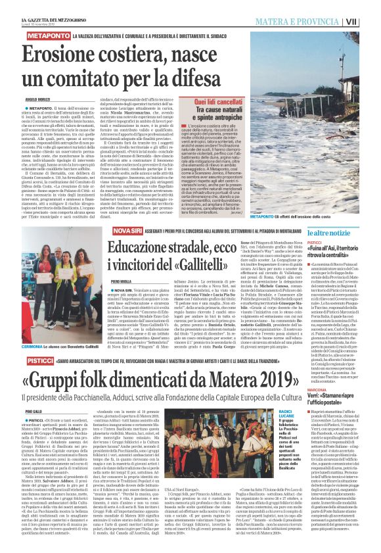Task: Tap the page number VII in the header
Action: pyautogui.click(x=370, y=22)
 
